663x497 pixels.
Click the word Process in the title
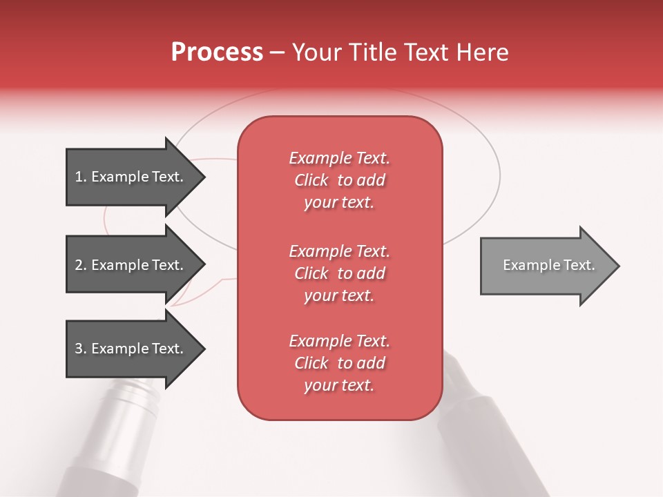(217, 52)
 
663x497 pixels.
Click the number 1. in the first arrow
(81, 177)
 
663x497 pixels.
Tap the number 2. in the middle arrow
(81, 265)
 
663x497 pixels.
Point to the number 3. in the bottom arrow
(81, 349)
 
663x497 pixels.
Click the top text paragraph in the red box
(339, 180)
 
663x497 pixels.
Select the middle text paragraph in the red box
(339, 273)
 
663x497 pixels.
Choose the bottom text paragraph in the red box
(339, 363)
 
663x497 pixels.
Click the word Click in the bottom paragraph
(311, 363)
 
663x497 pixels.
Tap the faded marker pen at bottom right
(483, 428)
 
